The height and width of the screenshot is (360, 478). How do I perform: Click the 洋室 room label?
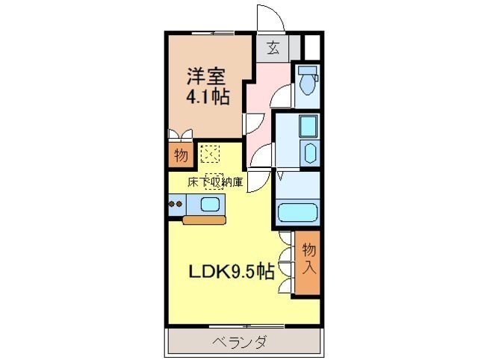click(206, 76)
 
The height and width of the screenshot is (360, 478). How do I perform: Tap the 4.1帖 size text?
click(208, 97)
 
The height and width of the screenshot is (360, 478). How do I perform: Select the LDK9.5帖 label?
click(232, 271)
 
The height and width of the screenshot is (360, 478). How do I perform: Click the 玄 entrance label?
click(273, 48)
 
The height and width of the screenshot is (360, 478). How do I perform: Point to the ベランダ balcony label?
click(240, 342)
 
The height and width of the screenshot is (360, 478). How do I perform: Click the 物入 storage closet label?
click(308, 259)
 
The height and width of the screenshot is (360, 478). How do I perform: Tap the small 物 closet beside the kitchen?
click(181, 156)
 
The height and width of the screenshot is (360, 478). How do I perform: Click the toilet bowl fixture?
click(307, 81)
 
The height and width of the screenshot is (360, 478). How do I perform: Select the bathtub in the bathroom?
click(297, 212)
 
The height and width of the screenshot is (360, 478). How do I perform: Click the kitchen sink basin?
click(210, 204)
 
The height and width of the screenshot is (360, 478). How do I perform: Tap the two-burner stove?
click(176, 204)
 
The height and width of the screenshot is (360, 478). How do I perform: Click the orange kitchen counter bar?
click(204, 220)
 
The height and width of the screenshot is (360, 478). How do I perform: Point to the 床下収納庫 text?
click(215, 182)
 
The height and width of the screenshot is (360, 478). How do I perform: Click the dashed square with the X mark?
click(210, 154)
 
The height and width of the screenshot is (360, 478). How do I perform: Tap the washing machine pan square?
click(308, 127)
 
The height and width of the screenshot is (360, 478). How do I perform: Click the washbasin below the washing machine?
click(309, 153)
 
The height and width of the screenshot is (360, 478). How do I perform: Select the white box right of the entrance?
click(312, 48)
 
